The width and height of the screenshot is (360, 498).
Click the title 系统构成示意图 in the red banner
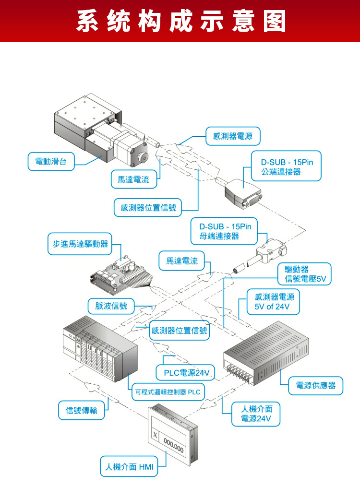(x=180, y=21)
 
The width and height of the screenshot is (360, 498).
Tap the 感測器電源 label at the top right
(x=233, y=136)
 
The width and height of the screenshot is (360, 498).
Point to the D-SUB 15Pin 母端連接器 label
(x=226, y=231)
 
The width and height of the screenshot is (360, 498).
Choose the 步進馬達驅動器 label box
(x=80, y=244)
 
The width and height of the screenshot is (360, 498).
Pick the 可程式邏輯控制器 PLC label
(x=167, y=392)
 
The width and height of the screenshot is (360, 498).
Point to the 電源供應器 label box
(x=316, y=386)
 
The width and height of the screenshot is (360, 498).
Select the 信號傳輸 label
(x=82, y=410)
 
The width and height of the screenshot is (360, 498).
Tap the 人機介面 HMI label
(x=129, y=467)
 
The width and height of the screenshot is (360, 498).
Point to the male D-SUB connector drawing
(x=244, y=193)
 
